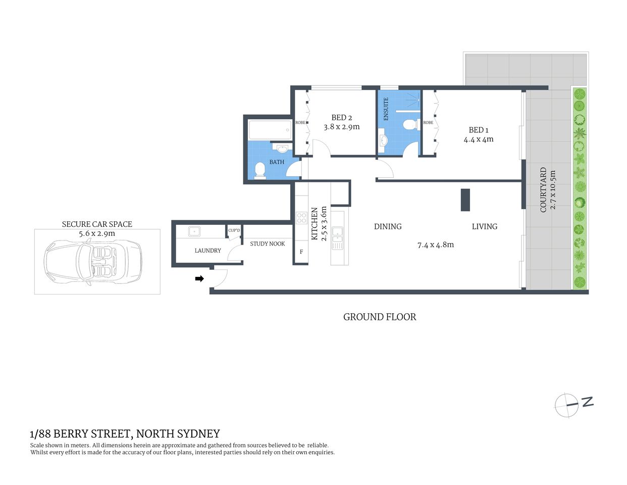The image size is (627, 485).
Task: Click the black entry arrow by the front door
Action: [199, 278]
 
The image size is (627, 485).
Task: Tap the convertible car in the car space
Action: [93, 261]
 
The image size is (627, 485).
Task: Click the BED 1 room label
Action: [479, 130]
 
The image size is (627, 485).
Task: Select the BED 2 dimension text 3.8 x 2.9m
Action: [342, 127]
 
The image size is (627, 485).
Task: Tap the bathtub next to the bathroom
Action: [270, 130]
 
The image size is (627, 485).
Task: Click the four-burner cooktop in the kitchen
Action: [301, 218]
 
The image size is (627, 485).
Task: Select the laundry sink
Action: [195, 231]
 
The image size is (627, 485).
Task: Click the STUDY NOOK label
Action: [268, 244]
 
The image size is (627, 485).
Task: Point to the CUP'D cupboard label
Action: [234, 230]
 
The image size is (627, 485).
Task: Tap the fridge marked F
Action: [301, 252]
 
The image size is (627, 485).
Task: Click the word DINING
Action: [388, 226]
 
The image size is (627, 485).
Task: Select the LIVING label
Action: [485, 226]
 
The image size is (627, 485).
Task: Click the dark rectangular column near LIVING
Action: [465, 200]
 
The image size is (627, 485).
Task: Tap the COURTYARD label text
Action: [544, 190]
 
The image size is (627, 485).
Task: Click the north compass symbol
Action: [567, 405]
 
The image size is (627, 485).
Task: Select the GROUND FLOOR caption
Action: [380, 317]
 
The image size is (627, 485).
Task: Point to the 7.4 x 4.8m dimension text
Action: [436, 245]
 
